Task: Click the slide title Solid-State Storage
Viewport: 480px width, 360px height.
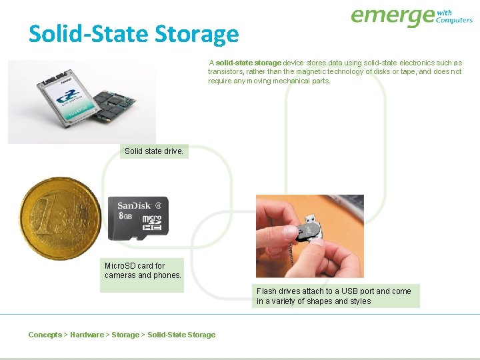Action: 133,33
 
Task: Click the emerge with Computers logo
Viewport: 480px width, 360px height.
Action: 411,17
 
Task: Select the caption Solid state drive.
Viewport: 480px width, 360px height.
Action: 154,151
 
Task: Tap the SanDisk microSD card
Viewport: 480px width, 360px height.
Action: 138,218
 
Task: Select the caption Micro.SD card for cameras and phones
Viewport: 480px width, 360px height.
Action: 143,270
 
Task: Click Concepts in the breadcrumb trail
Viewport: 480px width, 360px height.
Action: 45,335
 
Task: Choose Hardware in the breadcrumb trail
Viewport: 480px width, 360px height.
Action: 87,335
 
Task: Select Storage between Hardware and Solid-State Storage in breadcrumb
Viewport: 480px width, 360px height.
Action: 125,335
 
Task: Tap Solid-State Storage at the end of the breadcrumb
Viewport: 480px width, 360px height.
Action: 181,335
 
